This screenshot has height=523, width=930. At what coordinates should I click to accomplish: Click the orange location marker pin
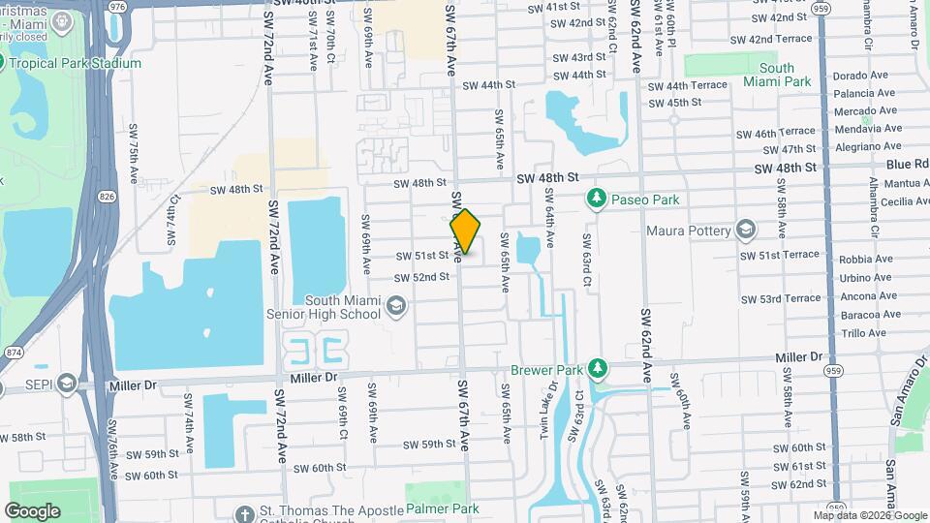point(466,231)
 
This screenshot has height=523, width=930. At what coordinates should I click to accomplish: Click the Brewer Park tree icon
point(599,369)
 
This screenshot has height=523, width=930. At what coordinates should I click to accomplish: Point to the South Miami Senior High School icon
point(394,307)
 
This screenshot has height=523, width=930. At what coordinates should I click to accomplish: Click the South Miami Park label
point(777,75)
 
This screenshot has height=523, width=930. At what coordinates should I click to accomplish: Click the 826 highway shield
point(104,197)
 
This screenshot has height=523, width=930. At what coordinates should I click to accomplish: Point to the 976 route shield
point(118,6)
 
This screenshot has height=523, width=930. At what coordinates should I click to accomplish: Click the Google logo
point(32,510)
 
